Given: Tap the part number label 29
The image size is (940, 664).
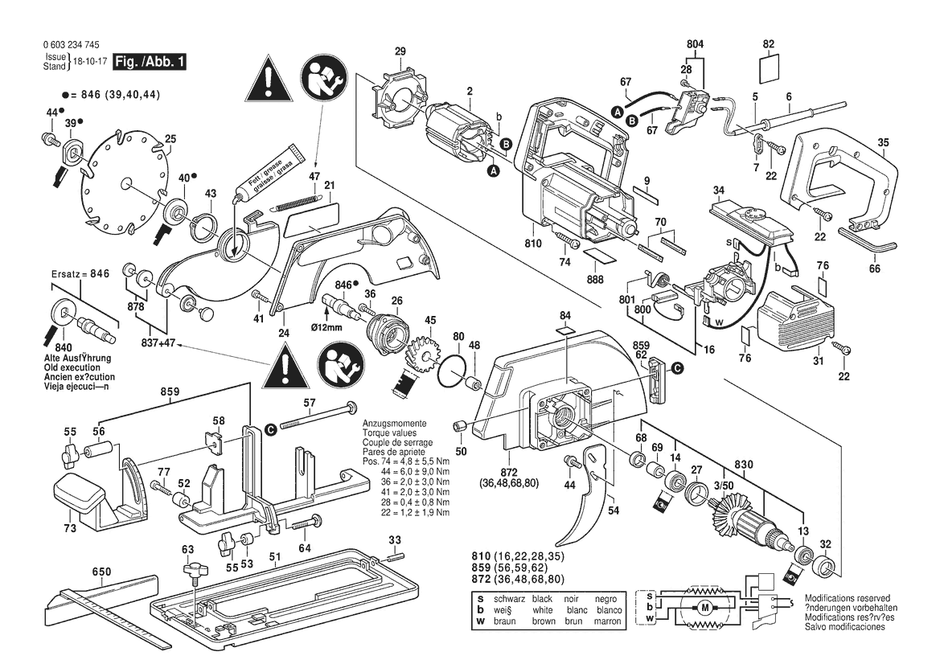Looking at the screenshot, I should [400, 52].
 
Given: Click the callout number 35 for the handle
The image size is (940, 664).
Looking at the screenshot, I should [883, 143].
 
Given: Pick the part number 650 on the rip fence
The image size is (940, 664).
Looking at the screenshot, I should [101, 572].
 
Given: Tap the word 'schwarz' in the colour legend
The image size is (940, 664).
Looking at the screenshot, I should [503, 599].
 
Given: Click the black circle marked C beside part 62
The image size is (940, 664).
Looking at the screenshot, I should [678, 367].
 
